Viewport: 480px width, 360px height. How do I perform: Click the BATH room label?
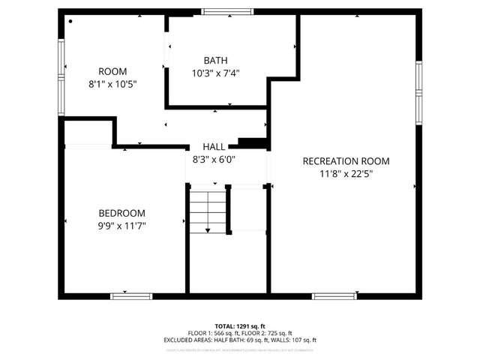(x=215, y=61)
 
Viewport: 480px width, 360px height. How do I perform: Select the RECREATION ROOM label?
(x=346, y=161)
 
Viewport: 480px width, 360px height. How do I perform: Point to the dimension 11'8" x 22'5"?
(x=346, y=173)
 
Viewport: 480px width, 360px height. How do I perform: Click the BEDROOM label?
(x=121, y=213)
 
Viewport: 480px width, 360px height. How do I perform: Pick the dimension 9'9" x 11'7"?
(x=121, y=225)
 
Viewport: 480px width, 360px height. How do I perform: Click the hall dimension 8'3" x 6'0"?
(x=214, y=159)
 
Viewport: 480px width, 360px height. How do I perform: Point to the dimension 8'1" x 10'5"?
(x=112, y=85)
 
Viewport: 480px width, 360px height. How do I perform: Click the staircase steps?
(x=207, y=211)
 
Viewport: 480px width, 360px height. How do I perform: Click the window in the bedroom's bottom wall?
(x=131, y=296)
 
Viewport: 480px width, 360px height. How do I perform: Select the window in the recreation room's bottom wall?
(x=334, y=296)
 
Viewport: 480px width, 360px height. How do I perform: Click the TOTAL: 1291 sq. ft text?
(x=239, y=326)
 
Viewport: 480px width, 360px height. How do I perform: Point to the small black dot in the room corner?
(x=70, y=21)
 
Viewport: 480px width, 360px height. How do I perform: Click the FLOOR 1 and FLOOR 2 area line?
(x=239, y=333)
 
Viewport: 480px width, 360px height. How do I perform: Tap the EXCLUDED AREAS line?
(x=239, y=340)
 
